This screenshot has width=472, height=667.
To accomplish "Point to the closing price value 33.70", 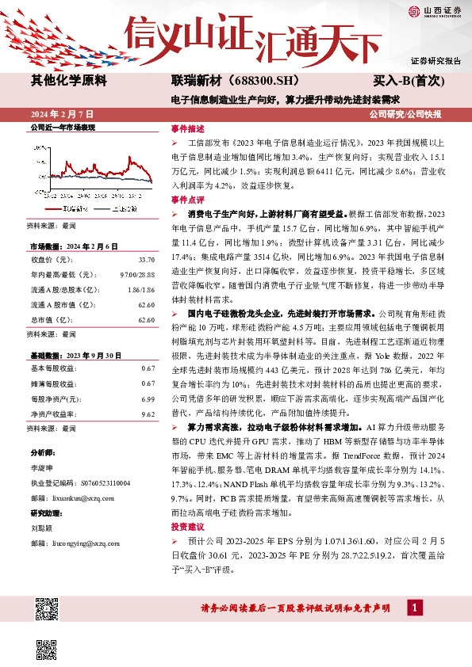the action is tap(146, 259).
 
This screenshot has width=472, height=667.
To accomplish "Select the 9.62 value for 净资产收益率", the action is tap(148, 414).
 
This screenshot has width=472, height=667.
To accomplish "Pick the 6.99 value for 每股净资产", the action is tap(148, 399).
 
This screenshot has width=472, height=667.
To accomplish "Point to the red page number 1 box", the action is tap(413, 607).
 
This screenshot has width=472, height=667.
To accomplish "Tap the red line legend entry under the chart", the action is tap(73, 208).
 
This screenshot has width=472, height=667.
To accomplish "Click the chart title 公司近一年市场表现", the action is tap(62, 127).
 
